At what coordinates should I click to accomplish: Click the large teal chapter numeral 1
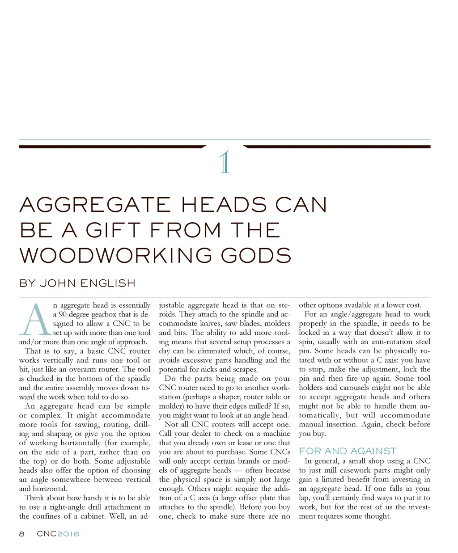(x=225, y=162)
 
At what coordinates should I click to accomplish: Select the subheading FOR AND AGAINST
(x=348, y=451)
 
